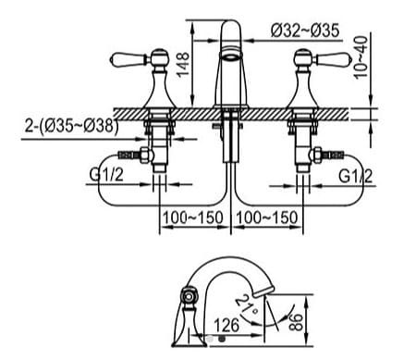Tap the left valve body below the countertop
point(163,148)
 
